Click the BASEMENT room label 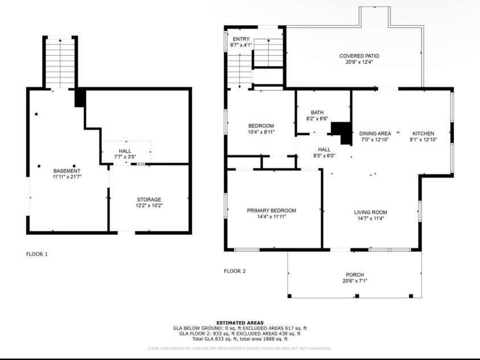[x=67, y=171]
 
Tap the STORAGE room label [x=149, y=199]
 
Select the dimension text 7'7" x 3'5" [x=126, y=156]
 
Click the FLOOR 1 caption [x=37, y=253]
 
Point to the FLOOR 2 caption [x=235, y=271]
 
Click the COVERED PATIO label [x=359, y=56]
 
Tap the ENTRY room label [x=240, y=39]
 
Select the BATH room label [x=317, y=112]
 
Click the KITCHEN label [x=424, y=133]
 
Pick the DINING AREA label [x=375, y=133]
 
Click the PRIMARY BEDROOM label [x=271, y=210]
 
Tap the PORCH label [x=354, y=275]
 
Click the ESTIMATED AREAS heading [x=240, y=323]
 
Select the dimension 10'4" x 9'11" [x=261, y=132]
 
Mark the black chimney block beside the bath [x=342, y=132]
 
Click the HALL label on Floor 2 [x=324, y=149]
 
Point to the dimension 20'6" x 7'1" [x=354, y=281]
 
